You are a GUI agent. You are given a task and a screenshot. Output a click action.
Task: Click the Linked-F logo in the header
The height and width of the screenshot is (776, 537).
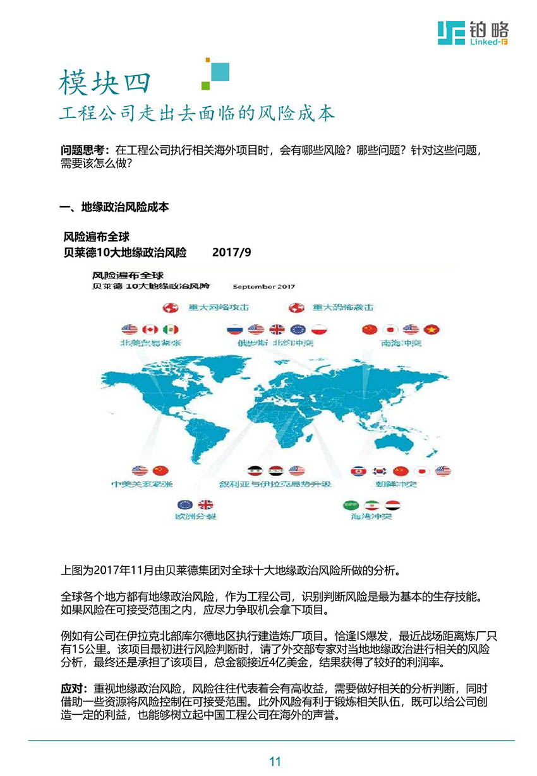tap(474, 32)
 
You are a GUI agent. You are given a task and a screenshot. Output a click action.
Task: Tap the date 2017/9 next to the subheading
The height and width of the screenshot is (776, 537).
tap(232, 252)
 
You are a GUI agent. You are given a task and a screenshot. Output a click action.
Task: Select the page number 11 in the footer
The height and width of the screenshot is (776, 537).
tap(275, 761)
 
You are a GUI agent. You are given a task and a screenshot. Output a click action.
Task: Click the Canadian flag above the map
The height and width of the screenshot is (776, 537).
tap(150, 329)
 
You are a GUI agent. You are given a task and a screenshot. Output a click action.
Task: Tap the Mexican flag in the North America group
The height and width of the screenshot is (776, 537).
tap(171, 329)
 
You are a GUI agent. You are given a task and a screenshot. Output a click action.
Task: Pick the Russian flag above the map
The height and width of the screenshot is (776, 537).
tap(235, 329)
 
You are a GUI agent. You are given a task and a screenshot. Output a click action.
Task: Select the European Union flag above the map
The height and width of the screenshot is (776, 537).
tap(298, 329)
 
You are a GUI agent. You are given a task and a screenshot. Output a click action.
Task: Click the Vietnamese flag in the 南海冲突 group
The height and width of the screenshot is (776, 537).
tap(432, 329)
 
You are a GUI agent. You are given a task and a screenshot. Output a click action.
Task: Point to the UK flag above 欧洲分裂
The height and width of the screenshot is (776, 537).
tap(206, 504)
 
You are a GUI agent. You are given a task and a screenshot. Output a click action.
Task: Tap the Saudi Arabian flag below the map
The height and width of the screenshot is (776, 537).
tap(351, 505)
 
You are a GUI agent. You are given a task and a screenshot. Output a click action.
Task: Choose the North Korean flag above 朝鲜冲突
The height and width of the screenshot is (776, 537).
tap(359, 471)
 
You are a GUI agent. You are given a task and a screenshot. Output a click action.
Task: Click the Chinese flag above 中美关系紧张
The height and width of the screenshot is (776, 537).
tap(161, 471)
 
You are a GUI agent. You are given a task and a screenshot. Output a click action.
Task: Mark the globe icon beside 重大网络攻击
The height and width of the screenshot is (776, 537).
tap(169, 308)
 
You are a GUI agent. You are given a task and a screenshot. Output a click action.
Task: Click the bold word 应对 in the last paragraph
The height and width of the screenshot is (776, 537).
tap(73, 688)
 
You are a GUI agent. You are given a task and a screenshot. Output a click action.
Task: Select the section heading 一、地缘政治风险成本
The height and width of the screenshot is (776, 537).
tap(114, 207)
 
